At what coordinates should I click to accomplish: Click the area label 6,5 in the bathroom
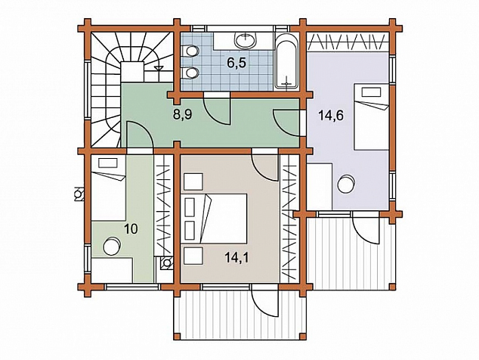236,64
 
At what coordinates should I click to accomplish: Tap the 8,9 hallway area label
183,115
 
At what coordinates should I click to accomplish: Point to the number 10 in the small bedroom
131,229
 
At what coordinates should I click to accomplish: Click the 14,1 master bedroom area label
236,258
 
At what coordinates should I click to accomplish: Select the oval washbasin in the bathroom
246,40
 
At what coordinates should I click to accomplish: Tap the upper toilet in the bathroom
190,51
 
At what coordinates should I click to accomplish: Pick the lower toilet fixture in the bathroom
190,73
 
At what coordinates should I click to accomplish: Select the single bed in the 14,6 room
371,116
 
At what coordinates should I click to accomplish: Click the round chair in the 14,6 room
347,184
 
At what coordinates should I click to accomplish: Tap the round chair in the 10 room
112,247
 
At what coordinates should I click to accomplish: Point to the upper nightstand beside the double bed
193,182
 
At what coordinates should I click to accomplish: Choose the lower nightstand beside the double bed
193,256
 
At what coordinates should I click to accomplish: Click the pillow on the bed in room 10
108,163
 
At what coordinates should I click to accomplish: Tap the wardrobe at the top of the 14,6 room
348,42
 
